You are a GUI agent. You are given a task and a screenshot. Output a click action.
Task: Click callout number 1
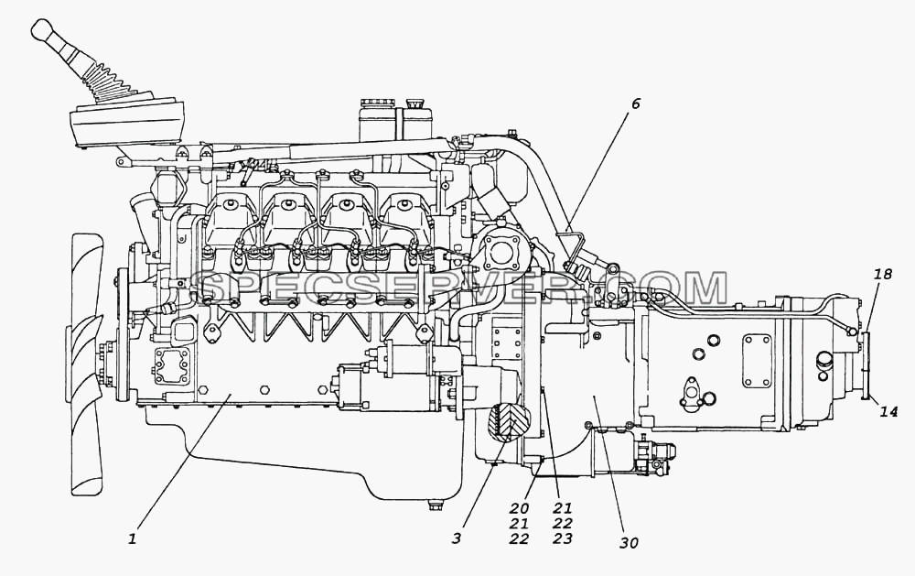(x=133, y=538)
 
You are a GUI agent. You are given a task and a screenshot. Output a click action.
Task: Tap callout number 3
(x=457, y=538)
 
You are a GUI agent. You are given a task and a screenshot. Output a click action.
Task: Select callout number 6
(x=635, y=103)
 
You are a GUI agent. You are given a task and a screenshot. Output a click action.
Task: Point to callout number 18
(x=884, y=274)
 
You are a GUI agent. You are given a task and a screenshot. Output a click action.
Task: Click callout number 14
(x=888, y=412)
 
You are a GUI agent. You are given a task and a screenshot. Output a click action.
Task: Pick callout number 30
(x=630, y=543)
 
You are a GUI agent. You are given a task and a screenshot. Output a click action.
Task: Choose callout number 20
(x=519, y=509)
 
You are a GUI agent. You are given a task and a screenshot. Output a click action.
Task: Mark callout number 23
(x=563, y=538)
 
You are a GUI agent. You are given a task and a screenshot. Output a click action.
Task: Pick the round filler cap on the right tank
(x=414, y=104)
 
